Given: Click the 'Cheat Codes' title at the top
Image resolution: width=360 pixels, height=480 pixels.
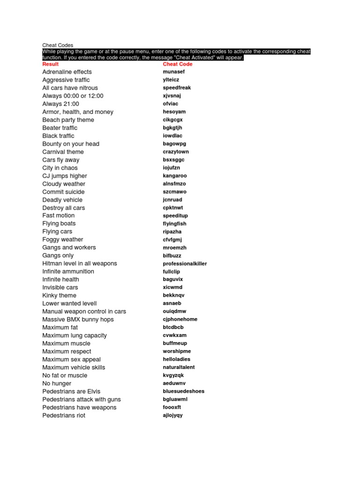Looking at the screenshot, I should click(x=58, y=45).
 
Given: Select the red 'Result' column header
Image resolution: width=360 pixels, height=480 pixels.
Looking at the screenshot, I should click(x=51, y=64).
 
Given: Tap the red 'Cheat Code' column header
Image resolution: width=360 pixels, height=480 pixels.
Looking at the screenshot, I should click(x=178, y=64).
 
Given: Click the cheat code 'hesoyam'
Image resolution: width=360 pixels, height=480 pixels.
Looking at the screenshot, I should click(x=174, y=112).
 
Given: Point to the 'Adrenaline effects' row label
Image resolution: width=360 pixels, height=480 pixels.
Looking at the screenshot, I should click(x=67, y=72).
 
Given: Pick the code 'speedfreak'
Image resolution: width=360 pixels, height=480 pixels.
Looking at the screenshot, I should click(x=177, y=88).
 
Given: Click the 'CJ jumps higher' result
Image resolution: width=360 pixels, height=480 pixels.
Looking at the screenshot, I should click(x=65, y=176).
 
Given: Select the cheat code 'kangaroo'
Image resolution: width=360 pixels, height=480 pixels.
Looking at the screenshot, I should click(x=175, y=176).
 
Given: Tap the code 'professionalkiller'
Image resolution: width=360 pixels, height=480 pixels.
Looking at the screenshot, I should click(x=185, y=264).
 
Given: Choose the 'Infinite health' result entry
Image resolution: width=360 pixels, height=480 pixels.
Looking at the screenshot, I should click(x=60, y=280).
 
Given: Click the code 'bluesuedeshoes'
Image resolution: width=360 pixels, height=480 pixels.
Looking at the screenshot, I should click(x=184, y=391).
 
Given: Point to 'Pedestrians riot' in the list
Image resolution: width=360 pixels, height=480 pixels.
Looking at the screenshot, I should click(x=64, y=416).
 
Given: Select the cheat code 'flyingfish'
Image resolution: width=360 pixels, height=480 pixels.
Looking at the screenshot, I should click(x=174, y=224).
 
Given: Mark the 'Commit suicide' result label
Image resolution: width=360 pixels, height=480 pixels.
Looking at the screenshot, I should click(x=63, y=192).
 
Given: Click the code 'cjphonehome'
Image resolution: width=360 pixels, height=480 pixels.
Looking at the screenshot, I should click(x=180, y=320).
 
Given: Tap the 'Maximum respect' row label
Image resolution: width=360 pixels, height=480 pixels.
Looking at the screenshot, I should click(x=67, y=352).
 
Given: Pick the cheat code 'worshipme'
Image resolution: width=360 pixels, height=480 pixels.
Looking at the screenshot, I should click(x=177, y=352).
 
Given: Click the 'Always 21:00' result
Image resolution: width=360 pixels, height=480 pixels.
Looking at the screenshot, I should click(x=60, y=104).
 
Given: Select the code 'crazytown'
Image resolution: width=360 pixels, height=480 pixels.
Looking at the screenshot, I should click(x=176, y=152).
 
